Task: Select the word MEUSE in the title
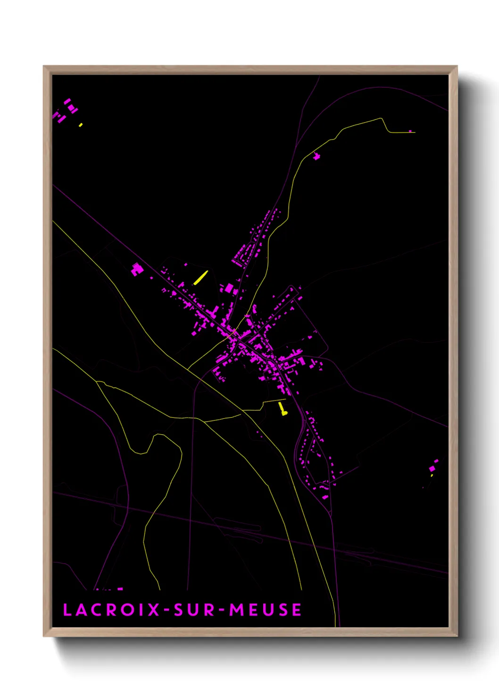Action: [x=265, y=610]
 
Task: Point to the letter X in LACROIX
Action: [x=153, y=610]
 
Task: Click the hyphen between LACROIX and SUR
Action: [x=166, y=610]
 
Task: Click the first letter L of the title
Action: [x=67, y=610]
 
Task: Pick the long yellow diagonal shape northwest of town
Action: [x=200, y=278]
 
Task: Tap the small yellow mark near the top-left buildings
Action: [x=81, y=125]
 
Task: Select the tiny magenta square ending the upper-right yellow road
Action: [x=410, y=131]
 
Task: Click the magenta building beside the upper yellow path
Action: [x=316, y=156]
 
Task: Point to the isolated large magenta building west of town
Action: [x=136, y=269]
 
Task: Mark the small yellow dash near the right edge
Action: [x=432, y=475]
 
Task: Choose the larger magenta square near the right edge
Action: [x=432, y=468]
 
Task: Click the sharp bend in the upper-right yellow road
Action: [x=382, y=119]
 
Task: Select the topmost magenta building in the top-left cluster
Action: [x=67, y=101]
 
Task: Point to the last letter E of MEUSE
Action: [x=296, y=610]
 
